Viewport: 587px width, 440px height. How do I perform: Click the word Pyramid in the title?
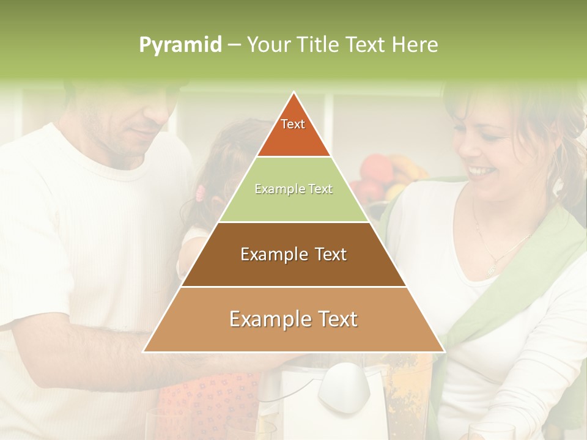(180, 45)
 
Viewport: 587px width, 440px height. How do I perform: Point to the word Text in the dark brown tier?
(327, 254)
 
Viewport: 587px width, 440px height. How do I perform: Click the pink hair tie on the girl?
(200, 194)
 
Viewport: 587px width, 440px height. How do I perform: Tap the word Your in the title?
(267, 45)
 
